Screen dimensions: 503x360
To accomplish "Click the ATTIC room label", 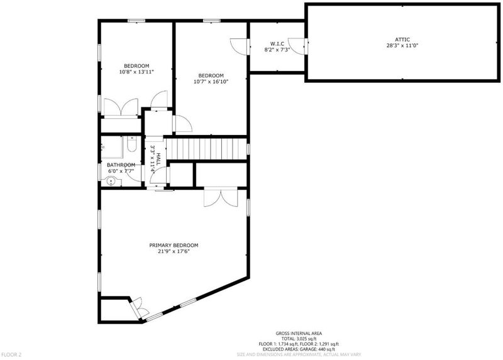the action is [x=402, y=40].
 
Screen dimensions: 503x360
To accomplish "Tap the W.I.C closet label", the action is [x=277, y=43].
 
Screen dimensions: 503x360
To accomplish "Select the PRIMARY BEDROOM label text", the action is [x=174, y=245].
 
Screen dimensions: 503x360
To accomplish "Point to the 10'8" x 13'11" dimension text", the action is [x=136, y=72].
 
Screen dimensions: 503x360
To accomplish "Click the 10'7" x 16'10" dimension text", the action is [x=211, y=82].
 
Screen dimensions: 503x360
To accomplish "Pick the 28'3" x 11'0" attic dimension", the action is [x=402, y=45].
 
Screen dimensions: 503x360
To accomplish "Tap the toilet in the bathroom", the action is [x=132, y=144].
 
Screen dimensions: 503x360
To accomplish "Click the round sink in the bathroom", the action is [x=111, y=182].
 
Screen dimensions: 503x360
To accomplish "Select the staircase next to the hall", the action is [x=206, y=148].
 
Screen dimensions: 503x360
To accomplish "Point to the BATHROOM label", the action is [x=121, y=165].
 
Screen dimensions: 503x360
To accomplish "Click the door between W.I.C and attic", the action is [x=297, y=46].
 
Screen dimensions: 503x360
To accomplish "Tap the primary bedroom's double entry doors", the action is [x=221, y=197].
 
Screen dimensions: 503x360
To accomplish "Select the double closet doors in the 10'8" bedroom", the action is [x=121, y=107].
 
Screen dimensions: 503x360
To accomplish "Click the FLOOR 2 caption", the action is [x=11, y=354].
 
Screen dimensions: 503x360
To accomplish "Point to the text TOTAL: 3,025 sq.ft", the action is [x=299, y=339].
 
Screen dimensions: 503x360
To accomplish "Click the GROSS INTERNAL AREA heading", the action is [x=299, y=334].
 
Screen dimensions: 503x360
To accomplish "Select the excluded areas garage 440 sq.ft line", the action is [x=299, y=349].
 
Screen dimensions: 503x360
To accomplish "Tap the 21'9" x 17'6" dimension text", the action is [x=174, y=251].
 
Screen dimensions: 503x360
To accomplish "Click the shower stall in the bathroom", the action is [x=112, y=147].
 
